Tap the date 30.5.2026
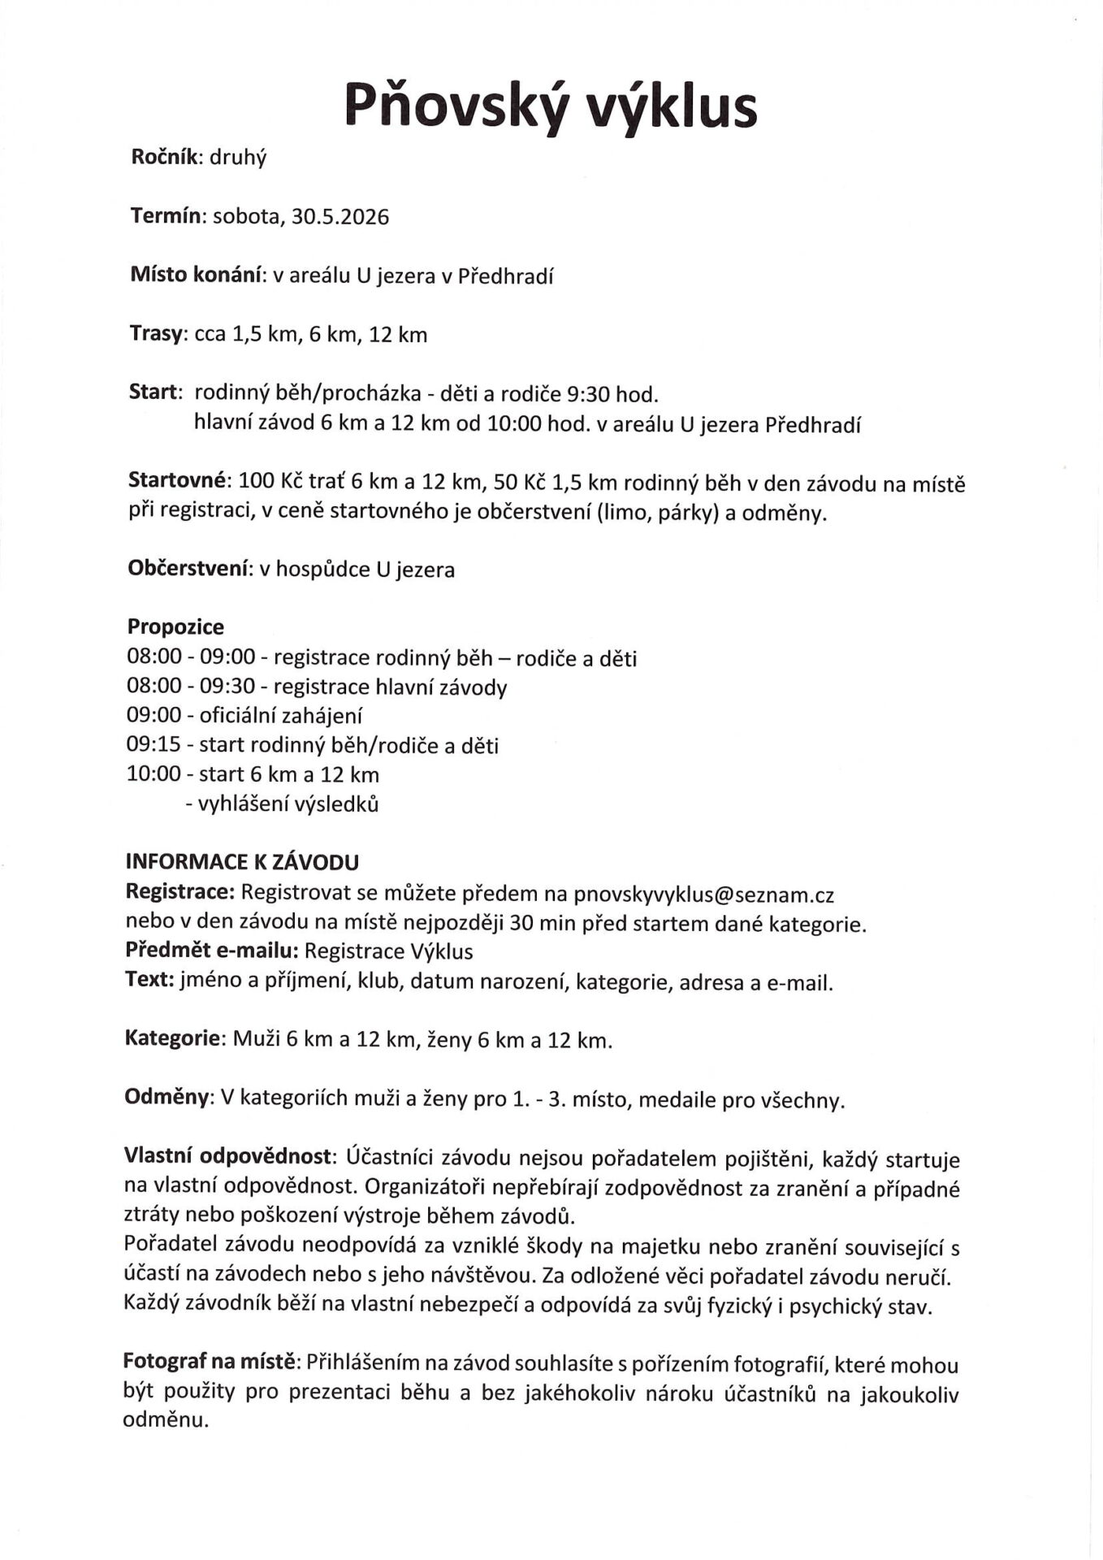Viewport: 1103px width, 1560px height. pos(340,217)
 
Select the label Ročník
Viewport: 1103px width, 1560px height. pos(166,157)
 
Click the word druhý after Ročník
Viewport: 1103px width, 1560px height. pos(238,158)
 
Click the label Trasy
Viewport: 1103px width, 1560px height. pos(158,334)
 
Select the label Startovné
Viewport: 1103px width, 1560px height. pos(179,482)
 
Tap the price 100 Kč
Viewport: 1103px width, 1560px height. pos(270,482)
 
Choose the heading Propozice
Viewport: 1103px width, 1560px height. pos(175,627)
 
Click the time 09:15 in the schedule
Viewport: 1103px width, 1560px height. pos(154,745)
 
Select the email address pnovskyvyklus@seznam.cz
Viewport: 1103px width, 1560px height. pos(703,895)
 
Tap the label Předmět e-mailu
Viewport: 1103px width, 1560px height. pos(212,951)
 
